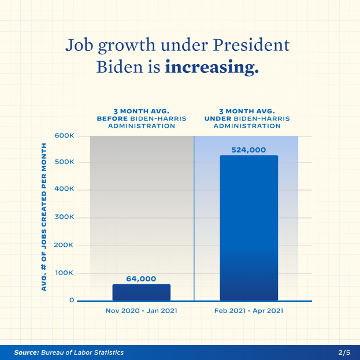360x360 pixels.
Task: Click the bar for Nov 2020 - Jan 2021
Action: (x=141, y=292)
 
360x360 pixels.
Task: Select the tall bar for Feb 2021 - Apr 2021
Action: (x=248, y=228)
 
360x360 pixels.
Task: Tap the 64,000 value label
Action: (x=141, y=279)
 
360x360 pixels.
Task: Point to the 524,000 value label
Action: (x=248, y=150)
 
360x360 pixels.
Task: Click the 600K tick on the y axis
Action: (x=65, y=136)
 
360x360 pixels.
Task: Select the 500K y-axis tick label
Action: (x=65, y=162)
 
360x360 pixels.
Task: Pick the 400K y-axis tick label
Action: (x=65, y=190)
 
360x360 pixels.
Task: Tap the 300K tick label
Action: (x=65, y=217)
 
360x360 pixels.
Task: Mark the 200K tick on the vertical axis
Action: (x=65, y=245)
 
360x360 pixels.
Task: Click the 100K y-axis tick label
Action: (x=65, y=273)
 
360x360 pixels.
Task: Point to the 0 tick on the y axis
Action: (x=72, y=300)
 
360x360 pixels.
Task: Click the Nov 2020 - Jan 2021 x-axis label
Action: (x=141, y=310)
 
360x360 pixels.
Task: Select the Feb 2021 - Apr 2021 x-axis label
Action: (x=248, y=310)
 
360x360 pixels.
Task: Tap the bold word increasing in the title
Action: (x=211, y=67)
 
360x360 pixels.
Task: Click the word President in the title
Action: (x=251, y=44)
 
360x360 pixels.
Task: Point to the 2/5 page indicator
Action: (x=344, y=352)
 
